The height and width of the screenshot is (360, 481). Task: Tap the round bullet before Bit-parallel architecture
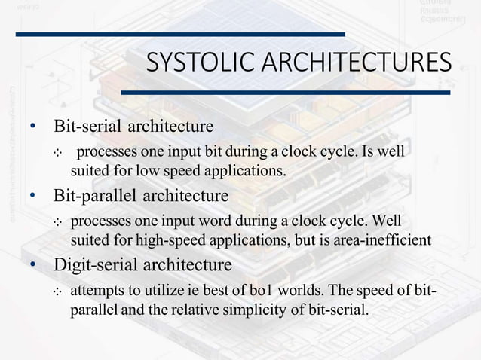coord(33,197)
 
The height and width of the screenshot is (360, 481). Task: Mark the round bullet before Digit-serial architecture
coord(33,267)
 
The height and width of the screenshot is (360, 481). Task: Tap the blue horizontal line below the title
coord(286,93)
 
